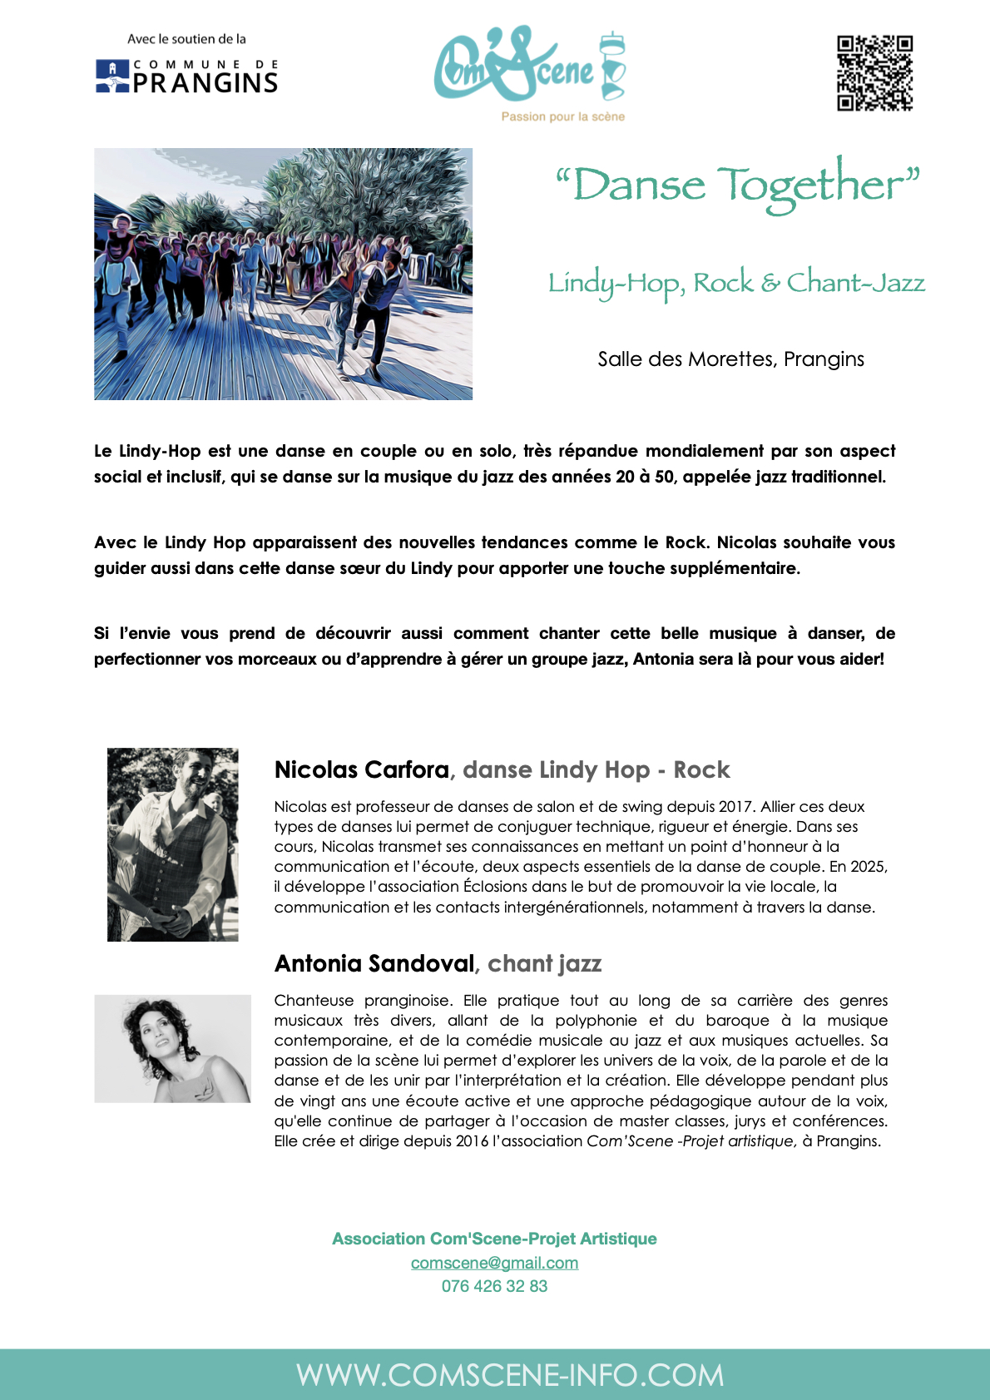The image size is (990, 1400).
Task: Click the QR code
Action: coord(874,73)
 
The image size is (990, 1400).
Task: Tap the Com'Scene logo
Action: coord(529,67)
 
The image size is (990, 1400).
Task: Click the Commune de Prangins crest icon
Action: coord(112,76)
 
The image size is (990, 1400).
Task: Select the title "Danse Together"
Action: coord(738,185)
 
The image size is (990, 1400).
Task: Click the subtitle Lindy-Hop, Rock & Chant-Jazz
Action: coord(736,283)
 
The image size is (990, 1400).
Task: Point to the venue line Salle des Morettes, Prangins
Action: coord(730,359)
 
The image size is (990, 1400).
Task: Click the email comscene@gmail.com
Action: coord(494,1263)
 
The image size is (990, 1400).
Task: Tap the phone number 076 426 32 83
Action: coord(494,1286)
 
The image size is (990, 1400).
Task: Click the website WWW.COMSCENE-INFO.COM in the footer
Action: coord(510,1375)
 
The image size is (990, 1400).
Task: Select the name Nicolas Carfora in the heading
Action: coord(362,769)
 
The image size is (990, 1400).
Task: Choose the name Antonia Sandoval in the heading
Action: coord(374,963)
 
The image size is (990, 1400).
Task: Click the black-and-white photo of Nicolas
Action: coord(173,844)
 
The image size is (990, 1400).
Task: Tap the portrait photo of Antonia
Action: coord(172,1048)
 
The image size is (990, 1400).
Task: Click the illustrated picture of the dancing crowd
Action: coord(283,274)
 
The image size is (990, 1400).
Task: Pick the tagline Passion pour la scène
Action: coord(562,116)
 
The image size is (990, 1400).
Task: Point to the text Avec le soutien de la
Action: coord(186,39)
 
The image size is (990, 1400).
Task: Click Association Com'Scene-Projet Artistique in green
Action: coord(494,1239)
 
